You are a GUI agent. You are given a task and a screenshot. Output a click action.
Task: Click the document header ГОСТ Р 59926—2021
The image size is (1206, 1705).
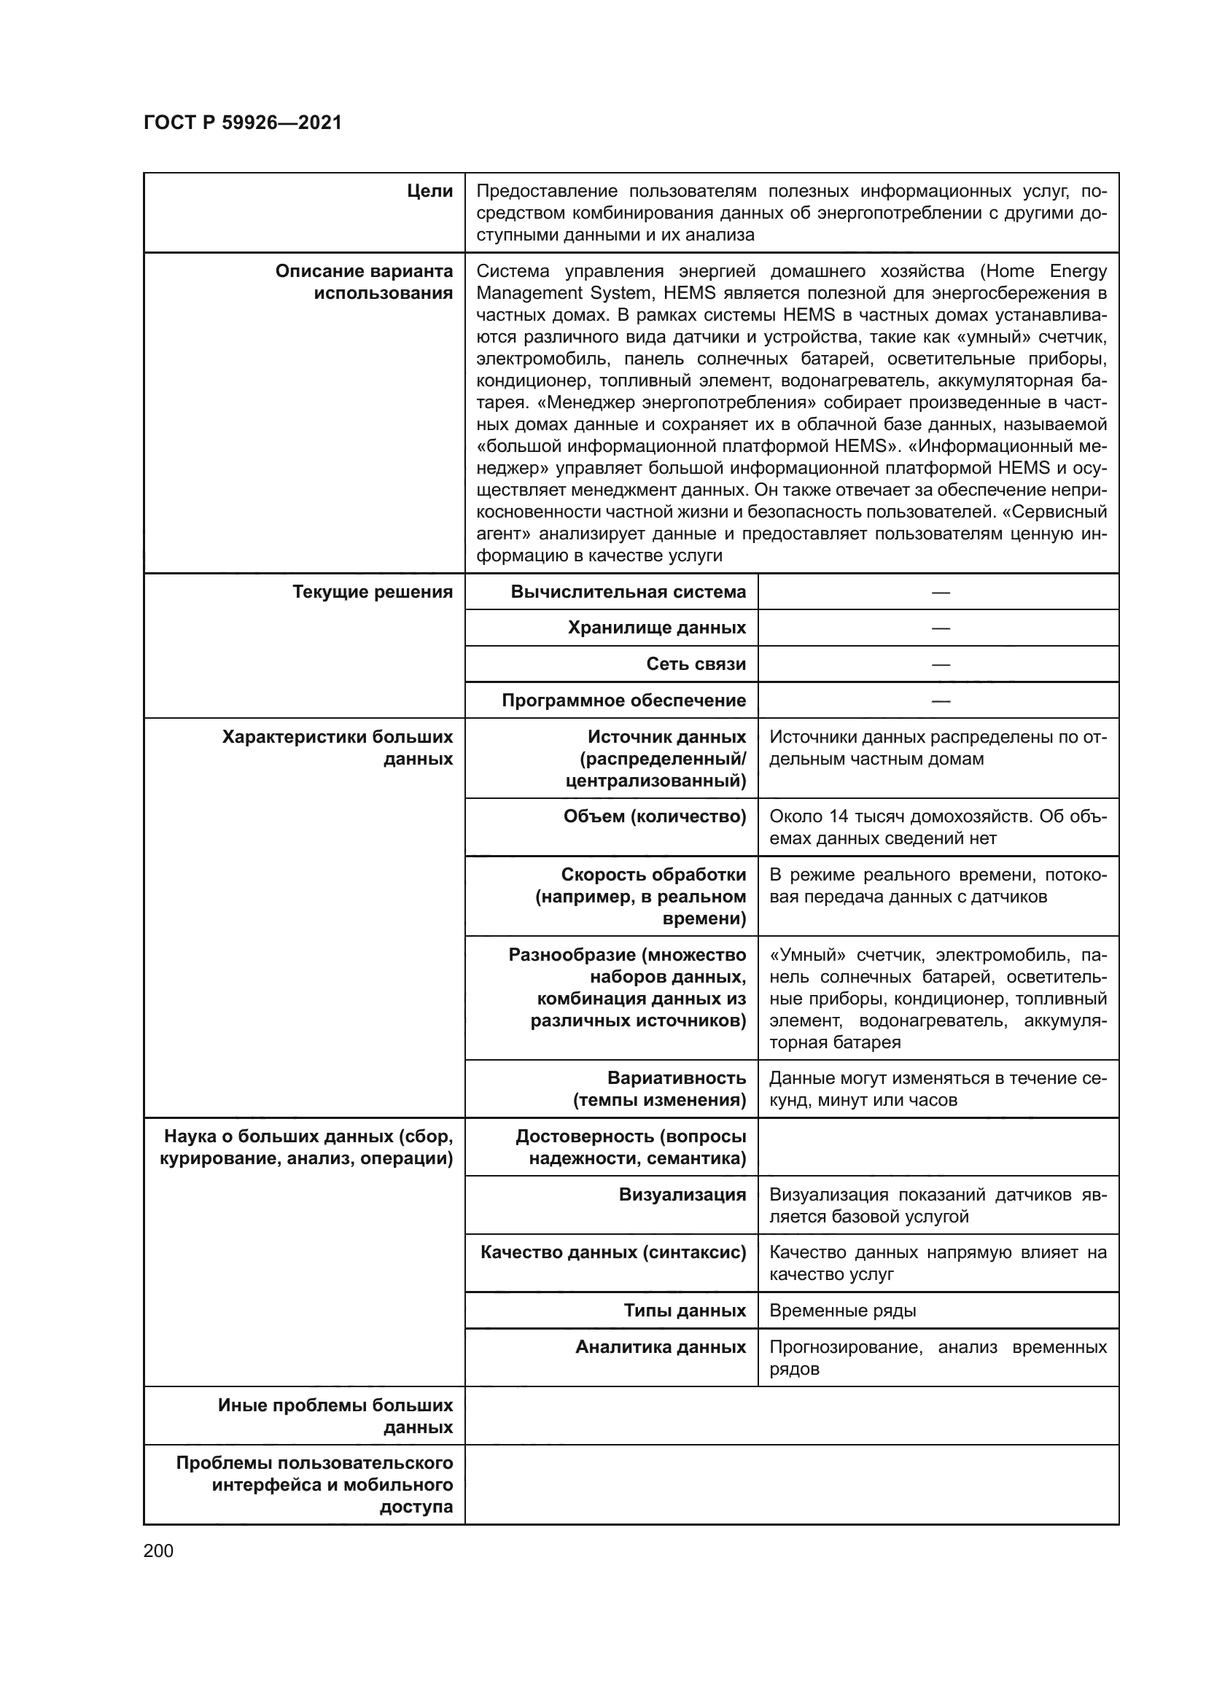tap(242, 122)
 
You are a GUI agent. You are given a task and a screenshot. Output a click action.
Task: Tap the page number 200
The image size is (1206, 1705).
tap(158, 1550)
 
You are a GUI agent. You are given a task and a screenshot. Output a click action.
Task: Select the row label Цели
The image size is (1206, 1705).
tap(430, 191)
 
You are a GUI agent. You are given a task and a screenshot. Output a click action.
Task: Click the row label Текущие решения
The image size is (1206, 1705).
tap(372, 592)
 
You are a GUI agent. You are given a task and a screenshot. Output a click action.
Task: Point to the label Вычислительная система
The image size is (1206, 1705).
tap(628, 592)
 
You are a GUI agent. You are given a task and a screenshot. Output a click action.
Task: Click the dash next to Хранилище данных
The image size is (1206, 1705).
tap(940, 628)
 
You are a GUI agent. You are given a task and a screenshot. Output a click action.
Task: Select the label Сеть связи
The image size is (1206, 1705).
tap(696, 664)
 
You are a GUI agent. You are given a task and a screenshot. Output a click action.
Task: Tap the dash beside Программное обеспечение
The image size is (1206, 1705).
tap(940, 701)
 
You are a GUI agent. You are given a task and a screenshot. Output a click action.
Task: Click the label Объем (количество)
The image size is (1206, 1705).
tap(654, 816)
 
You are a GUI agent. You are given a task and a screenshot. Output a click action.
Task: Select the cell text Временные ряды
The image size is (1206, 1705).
tap(842, 1310)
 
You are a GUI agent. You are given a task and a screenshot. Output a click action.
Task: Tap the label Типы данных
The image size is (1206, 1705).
tap(684, 1310)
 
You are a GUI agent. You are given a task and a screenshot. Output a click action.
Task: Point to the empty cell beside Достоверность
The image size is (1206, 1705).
tap(937, 1147)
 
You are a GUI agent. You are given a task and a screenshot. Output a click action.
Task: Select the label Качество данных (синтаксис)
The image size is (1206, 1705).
tap(612, 1252)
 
